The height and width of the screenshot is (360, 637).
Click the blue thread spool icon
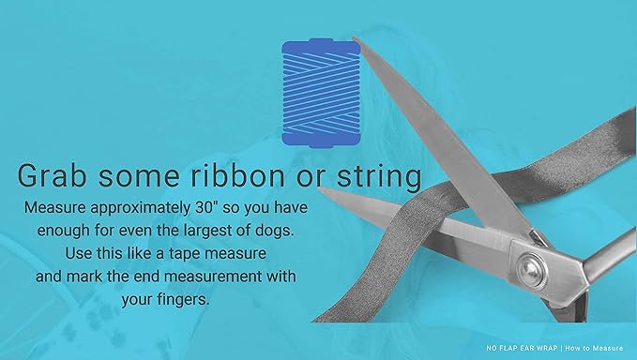coord(320,93)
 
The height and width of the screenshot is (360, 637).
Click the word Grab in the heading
coord(57,176)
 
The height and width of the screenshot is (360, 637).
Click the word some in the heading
coord(154,176)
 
